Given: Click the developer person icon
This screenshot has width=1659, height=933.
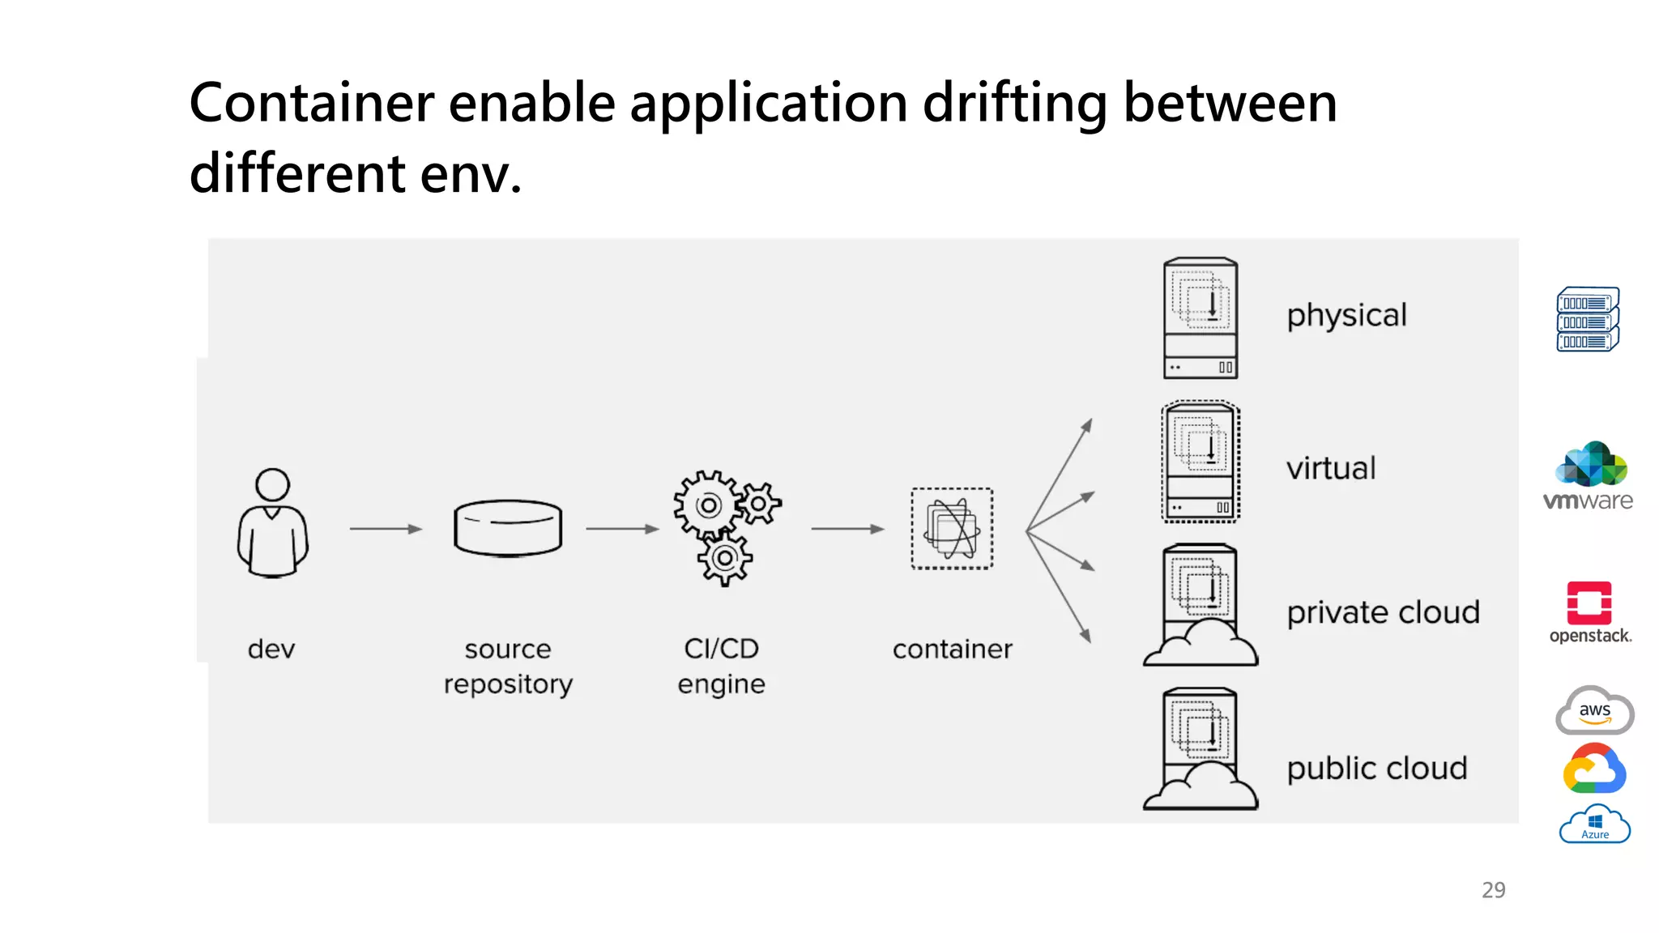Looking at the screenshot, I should coord(272,523).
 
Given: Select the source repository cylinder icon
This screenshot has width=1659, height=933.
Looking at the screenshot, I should coord(508,528).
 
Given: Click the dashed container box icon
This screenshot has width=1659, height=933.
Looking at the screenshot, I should coord(952,528).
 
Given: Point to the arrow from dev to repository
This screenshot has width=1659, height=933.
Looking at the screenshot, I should coord(386,529).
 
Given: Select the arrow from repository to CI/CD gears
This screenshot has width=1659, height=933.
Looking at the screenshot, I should coord(622,529).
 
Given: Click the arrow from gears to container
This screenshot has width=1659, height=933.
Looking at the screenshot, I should coord(847,529).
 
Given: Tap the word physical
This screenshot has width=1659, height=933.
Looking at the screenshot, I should coord(1346,316).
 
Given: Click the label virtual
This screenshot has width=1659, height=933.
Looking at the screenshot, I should coord(1331,468).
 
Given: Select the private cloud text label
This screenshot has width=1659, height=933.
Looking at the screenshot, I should coord(1383,612).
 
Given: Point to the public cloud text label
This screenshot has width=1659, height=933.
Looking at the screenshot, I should coord(1376,768).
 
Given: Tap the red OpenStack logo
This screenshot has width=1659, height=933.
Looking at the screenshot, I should coord(1589,604).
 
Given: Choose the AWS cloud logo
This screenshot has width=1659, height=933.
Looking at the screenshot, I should coord(1594,711).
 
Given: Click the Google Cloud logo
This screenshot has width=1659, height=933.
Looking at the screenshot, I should coord(1593,769).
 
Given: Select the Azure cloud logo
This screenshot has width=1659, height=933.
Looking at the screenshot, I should coord(1594,824).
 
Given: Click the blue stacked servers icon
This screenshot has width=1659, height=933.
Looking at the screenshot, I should coord(1588,319).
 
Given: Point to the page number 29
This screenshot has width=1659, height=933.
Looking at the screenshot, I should coord(1493,890).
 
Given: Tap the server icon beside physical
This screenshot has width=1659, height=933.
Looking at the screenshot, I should coord(1200,318).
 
